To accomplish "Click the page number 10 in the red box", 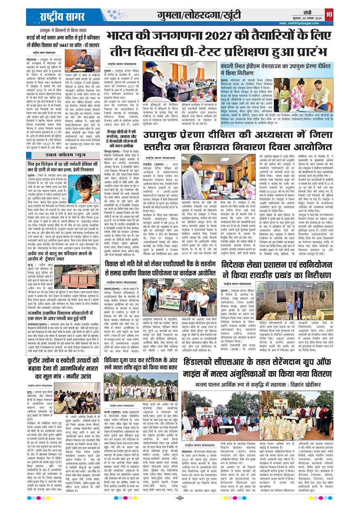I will click(x=329, y=14).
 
